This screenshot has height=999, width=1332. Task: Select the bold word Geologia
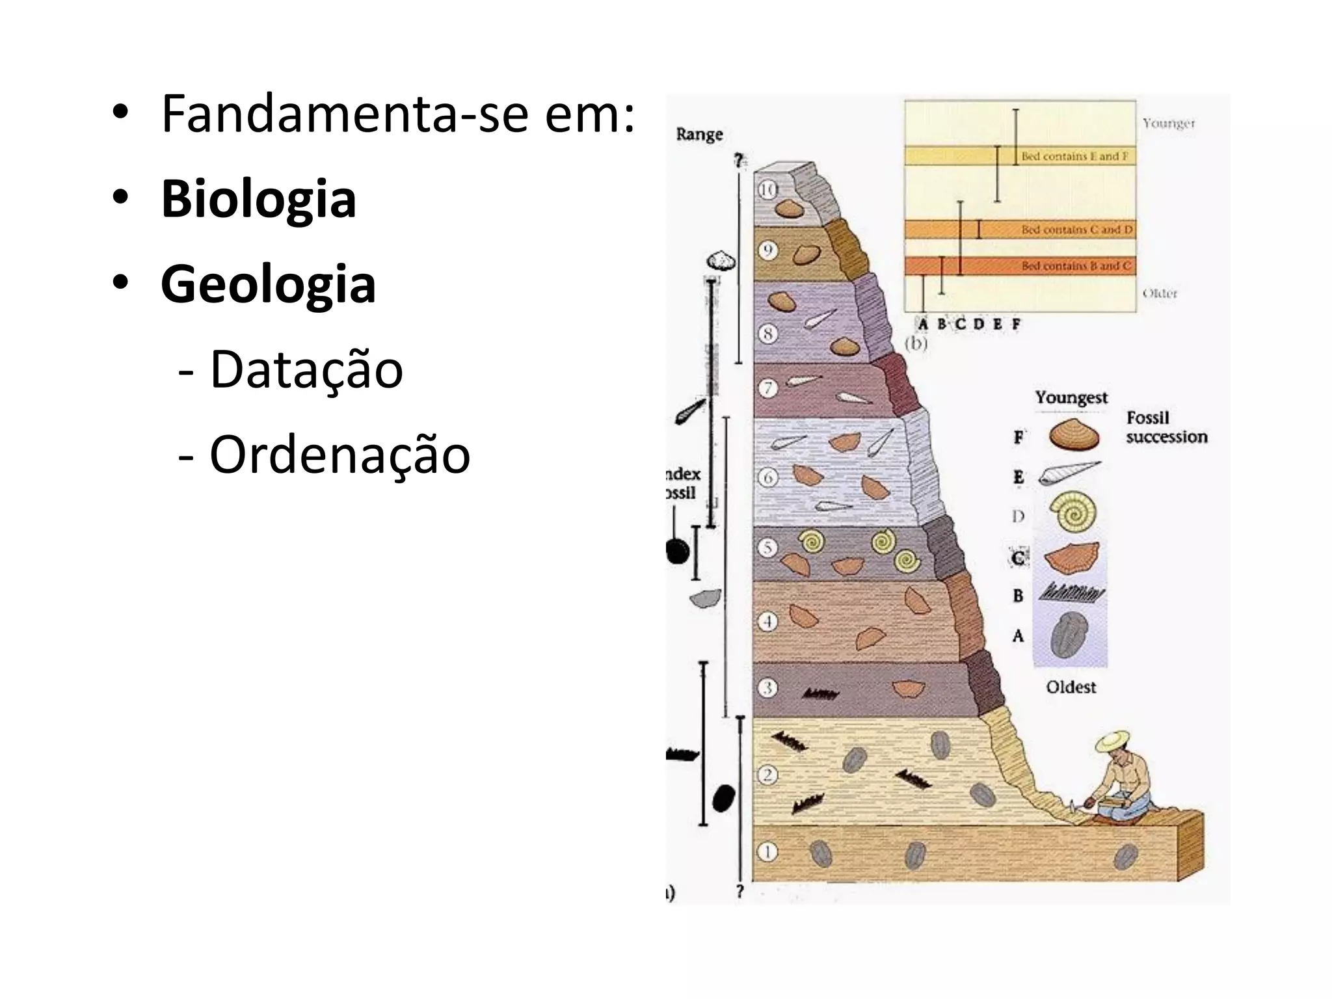pos(268,284)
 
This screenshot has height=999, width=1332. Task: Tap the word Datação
pos(306,369)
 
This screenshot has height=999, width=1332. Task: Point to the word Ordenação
pos(340,455)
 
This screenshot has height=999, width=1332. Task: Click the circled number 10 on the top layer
pos(768,190)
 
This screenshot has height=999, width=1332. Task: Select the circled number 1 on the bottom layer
pos(767,852)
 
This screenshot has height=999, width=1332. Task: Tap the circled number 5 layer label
pos(767,548)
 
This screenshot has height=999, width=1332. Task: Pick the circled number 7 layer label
pos(768,388)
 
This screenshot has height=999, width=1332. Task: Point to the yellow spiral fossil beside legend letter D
pos(1074,511)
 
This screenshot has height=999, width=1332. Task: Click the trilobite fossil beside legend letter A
pos(1069,634)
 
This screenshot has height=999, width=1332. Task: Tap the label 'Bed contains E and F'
pos(1074,156)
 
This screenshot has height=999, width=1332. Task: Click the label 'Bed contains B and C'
pos(1076,266)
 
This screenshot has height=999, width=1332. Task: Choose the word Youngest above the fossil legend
pos(1071,397)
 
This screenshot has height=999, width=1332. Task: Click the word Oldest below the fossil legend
pos(1071,687)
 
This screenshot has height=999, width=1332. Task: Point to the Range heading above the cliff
pos(699,134)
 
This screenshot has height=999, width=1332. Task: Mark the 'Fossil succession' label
pos(1166,427)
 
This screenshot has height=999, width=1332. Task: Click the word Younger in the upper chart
pos(1169,124)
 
